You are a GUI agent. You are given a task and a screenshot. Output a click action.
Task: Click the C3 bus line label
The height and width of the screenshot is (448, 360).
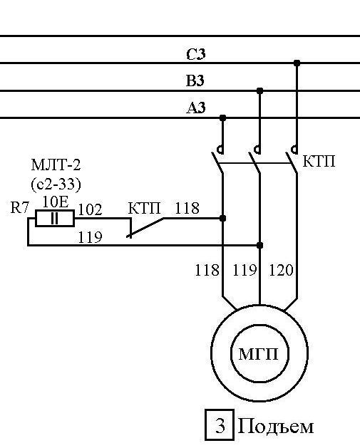[196, 54]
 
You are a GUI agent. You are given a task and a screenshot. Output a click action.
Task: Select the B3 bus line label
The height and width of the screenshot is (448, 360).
[195, 80]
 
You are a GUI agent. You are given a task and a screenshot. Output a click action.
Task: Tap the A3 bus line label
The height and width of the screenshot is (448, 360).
[196, 108]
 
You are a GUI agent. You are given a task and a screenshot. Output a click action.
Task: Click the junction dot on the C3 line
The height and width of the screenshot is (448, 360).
[297, 63]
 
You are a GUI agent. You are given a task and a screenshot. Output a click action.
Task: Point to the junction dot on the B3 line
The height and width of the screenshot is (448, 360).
[259, 91]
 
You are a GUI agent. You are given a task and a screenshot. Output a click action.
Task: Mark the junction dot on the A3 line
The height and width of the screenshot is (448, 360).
[222, 118]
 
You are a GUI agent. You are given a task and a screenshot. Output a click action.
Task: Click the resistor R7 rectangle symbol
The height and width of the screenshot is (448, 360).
[55, 218]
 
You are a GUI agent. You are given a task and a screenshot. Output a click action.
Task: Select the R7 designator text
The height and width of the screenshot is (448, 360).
[20, 207]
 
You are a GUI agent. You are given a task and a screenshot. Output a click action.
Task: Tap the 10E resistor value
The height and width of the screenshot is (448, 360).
[56, 202]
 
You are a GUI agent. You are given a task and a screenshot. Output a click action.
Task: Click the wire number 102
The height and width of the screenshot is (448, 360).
[90, 209]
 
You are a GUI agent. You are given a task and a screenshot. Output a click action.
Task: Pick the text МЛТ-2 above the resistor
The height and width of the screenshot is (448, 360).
[56, 165]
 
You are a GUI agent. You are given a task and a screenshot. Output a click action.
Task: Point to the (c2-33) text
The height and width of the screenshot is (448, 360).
[56, 184]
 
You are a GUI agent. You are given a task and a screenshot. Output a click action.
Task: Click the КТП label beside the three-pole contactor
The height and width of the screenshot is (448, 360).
[319, 161]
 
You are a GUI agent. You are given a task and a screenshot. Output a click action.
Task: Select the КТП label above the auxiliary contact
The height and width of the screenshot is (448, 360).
[145, 208]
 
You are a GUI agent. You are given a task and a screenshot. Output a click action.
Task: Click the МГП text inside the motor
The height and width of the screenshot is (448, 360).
[258, 354]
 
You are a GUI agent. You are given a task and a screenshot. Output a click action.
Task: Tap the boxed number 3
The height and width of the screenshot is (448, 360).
[220, 425]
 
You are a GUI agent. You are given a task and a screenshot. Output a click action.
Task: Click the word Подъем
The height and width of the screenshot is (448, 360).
[276, 427]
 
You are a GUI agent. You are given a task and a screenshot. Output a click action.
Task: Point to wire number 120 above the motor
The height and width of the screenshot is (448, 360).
[282, 270]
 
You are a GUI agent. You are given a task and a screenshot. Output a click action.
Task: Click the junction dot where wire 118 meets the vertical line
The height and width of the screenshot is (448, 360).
[222, 218]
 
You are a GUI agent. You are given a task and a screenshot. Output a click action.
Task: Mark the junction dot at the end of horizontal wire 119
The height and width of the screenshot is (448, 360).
[259, 245]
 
